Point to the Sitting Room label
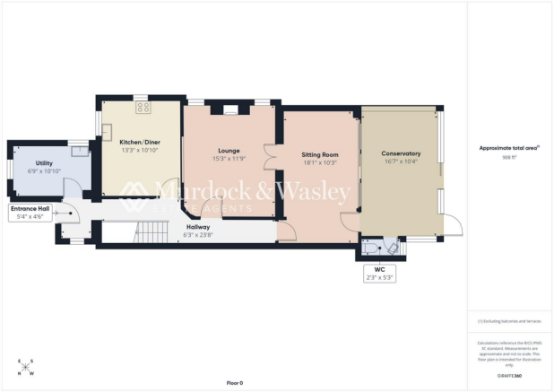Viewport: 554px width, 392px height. pyautogui.click(x=318, y=155)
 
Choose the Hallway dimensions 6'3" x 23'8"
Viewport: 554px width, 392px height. pyautogui.click(x=198, y=234)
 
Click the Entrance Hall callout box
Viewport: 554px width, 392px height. pyautogui.click(x=30, y=212)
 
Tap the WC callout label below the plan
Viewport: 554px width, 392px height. pyautogui.click(x=379, y=273)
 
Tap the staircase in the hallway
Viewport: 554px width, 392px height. pyautogui.click(x=143, y=232)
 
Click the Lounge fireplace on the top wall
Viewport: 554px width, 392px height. pyautogui.click(x=230, y=110)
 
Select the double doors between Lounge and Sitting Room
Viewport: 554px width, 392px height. pyautogui.click(x=268, y=155)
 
